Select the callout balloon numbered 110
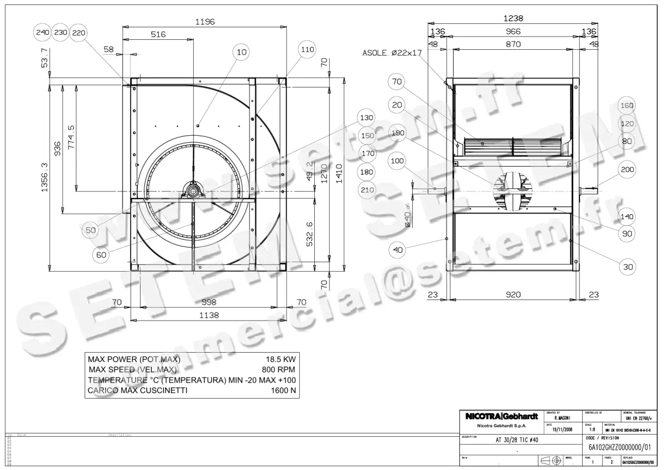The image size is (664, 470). point(307,50)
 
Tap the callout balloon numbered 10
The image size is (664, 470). point(242,52)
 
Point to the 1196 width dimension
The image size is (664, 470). point(205,22)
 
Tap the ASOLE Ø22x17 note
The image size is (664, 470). point(392,53)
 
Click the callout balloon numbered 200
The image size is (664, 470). point(627,170)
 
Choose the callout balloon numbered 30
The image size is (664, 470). point(627,267)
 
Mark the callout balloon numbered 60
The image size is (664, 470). point(102,255)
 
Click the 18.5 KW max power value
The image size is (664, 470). point(281,359)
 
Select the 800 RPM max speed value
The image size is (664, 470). point(279,370)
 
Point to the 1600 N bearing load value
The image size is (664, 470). point(284,390)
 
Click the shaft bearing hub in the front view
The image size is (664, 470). point(194,191)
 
